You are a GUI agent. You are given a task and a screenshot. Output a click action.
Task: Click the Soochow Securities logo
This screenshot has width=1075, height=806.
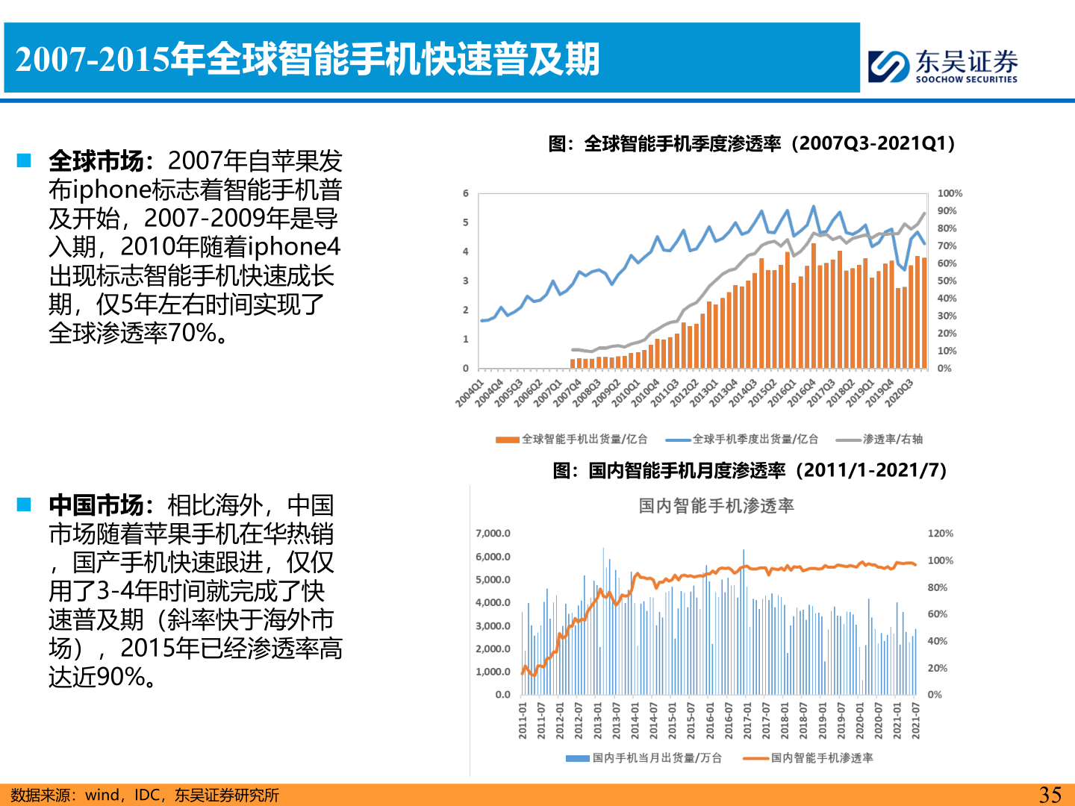pyautogui.click(x=943, y=66)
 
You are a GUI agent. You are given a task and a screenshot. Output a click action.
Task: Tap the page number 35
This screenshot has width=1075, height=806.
pyautogui.click(x=1050, y=795)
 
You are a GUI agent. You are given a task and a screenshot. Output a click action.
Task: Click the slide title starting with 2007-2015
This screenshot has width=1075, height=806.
pyautogui.click(x=308, y=60)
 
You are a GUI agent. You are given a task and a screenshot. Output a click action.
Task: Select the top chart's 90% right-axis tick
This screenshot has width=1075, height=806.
pyautogui.click(x=947, y=211)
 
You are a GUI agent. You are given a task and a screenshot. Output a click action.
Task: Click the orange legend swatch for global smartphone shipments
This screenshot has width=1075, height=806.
pyautogui.click(x=508, y=440)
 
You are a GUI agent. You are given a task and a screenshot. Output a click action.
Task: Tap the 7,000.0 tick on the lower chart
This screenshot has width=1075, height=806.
pyautogui.click(x=493, y=534)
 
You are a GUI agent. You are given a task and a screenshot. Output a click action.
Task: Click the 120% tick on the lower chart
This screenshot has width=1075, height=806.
pyautogui.click(x=940, y=534)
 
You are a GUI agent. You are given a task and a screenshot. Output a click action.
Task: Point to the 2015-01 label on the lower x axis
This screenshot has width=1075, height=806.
pyautogui.click(x=672, y=720)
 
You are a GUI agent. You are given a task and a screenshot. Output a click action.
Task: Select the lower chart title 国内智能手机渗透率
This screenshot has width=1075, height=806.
pyautogui.click(x=716, y=506)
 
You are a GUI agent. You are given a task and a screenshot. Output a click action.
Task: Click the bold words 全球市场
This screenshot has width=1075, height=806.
pyautogui.click(x=96, y=161)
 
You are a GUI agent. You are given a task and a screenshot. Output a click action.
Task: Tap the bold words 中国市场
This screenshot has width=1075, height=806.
pyautogui.click(x=96, y=505)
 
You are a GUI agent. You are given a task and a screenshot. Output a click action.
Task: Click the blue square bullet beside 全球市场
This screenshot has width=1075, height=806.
pyautogui.click(x=24, y=160)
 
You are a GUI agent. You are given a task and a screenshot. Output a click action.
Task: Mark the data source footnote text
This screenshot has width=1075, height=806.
pyautogui.click(x=145, y=796)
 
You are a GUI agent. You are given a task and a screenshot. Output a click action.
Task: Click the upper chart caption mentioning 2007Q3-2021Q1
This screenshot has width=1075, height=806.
pyautogui.click(x=752, y=143)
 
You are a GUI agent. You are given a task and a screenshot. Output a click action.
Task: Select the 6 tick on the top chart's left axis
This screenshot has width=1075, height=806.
pyautogui.click(x=466, y=193)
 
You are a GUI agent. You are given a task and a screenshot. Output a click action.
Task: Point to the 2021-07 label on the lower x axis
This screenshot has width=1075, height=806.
pyautogui.click(x=916, y=720)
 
